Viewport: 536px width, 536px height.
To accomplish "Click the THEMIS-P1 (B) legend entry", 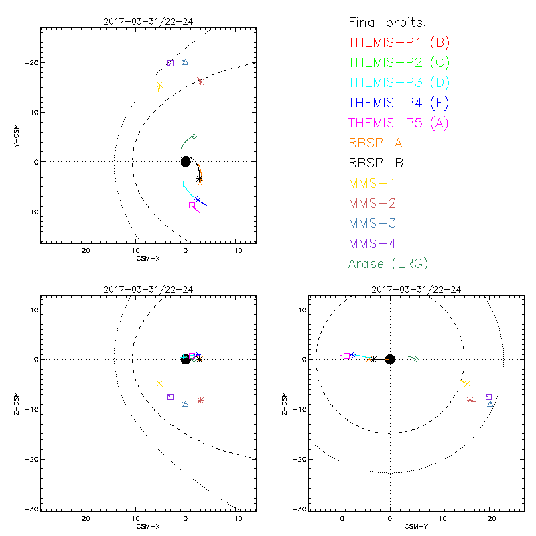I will coord(399,42).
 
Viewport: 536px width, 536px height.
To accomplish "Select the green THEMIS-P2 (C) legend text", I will coord(399,62).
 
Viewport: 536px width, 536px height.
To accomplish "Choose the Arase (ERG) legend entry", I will coord(389,263).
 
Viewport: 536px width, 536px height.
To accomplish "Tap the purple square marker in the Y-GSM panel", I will coord(170,63).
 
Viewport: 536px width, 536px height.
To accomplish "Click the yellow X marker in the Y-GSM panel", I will coord(159,86).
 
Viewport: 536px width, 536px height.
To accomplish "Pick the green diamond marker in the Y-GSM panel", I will coord(194,136).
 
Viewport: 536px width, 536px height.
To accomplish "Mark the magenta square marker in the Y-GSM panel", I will coord(192,206).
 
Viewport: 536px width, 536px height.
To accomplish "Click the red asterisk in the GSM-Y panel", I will coord(470,401).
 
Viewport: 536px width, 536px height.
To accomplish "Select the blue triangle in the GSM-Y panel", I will coord(490,404).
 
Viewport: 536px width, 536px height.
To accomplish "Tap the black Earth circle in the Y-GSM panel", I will coord(186,161).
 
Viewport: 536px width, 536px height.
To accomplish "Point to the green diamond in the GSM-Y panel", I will coord(415,360).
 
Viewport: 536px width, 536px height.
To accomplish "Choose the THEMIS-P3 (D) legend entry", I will coord(399,82).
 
